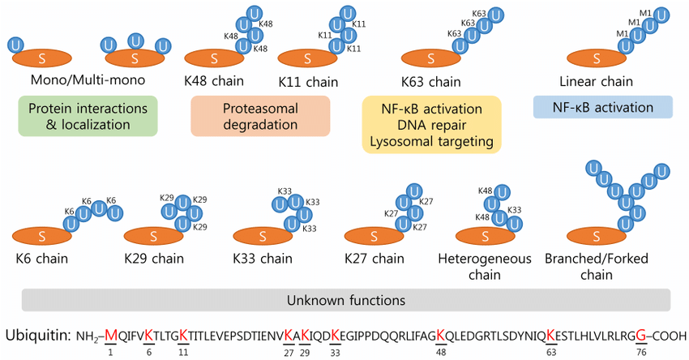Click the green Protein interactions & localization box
pos(87,117)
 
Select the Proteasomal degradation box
pos(259,117)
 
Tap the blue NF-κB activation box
pos(603,107)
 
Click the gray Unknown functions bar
pos(344,300)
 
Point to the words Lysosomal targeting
pos(431,141)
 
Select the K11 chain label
pos(307,82)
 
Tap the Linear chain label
pos(596,82)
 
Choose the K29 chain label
pos(154,259)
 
